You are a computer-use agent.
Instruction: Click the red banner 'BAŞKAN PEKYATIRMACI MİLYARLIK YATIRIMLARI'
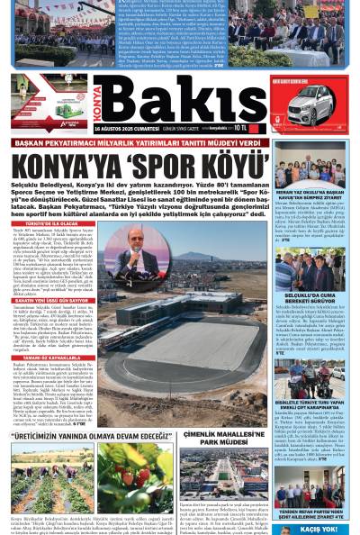coord(171,141)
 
